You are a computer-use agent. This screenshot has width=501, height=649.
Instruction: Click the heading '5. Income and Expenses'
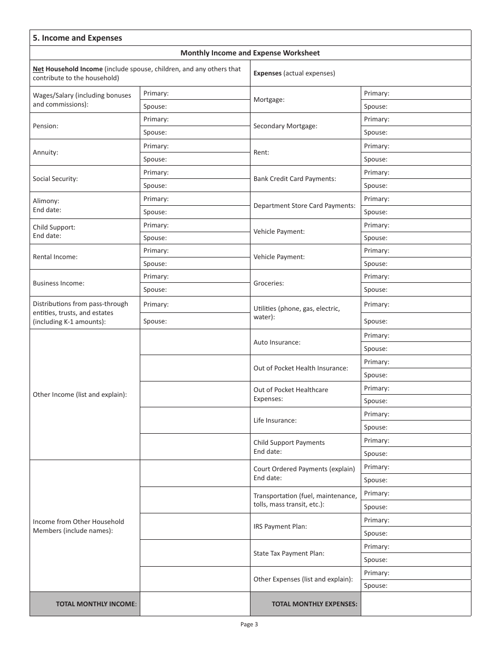coord(77,38)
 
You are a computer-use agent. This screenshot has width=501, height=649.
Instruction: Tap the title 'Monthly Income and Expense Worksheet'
coord(250,53)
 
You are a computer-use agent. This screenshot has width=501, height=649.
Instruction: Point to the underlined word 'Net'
coord(38,69)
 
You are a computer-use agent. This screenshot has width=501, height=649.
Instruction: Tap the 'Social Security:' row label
coord(55,179)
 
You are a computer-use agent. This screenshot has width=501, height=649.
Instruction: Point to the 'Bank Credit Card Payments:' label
coord(294,179)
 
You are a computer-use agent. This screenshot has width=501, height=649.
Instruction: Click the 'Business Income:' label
coord(59,283)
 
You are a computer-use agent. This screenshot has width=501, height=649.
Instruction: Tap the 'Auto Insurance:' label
coord(277,342)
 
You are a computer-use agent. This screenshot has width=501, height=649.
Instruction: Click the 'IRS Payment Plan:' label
coord(280,527)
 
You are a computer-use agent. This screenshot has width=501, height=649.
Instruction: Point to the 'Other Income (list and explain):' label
coord(80,395)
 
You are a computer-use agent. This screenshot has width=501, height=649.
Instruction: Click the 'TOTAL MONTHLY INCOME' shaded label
coord(96,604)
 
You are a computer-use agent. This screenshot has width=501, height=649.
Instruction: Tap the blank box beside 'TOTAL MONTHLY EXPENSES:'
coord(416,604)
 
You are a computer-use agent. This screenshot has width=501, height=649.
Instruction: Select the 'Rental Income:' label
coord(55,257)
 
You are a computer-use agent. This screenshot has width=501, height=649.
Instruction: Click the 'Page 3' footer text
coord(249,625)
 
